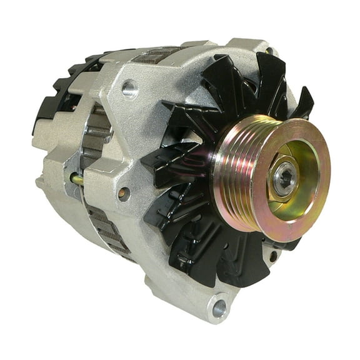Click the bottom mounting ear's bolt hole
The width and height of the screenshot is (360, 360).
(x=218, y=307)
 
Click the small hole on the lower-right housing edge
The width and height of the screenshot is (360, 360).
(x=273, y=256)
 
